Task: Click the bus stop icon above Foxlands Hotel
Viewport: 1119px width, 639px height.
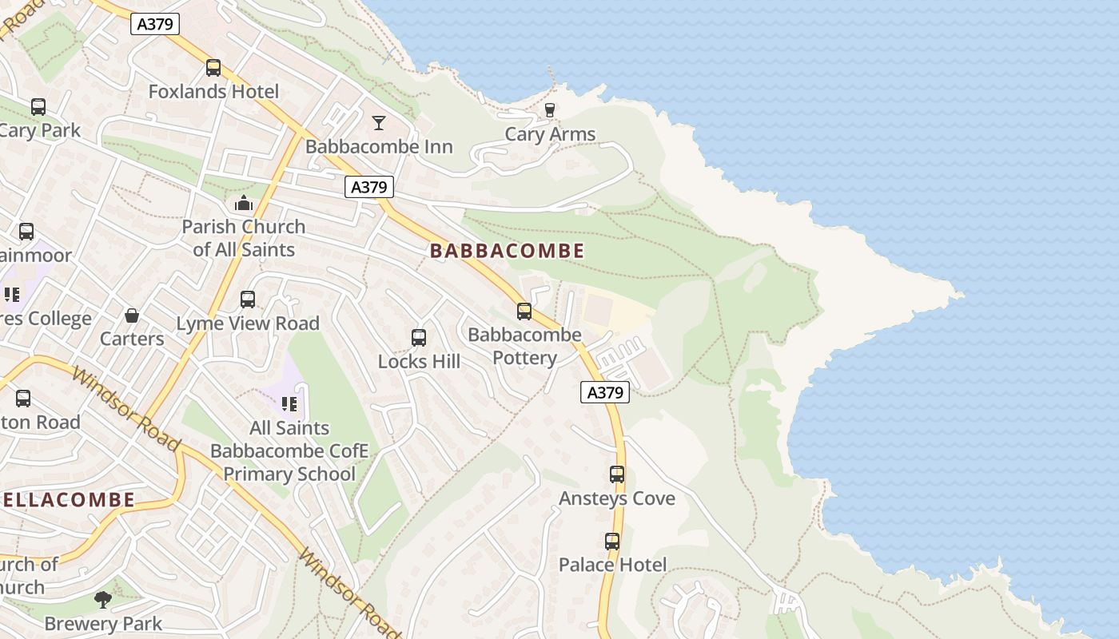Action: [x=213, y=68]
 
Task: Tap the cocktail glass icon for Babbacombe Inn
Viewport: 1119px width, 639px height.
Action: [x=379, y=123]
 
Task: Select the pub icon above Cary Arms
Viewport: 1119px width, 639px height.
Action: [x=550, y=110]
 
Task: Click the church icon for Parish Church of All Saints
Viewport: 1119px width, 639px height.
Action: [x=244, y=204]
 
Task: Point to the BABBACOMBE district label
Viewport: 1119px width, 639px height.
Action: [x=508, y=251]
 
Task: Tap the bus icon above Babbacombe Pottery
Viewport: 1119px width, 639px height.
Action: [x=524, y=312]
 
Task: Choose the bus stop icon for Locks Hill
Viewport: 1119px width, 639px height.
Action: [x=419, y=338]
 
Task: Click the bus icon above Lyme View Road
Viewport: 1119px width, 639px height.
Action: [x=248, y=300]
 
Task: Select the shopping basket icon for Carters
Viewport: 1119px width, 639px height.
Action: [x=132, y=316]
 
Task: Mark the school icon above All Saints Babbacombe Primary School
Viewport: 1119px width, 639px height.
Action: [x=289, y=404]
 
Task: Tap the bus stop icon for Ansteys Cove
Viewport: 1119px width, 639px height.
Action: [x=617, y=474]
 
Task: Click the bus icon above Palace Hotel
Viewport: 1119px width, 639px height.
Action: [x=612, y=542]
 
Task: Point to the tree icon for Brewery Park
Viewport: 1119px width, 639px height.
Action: [x=102, y=600]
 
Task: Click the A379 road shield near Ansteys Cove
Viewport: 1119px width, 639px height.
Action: [x=605, y=392]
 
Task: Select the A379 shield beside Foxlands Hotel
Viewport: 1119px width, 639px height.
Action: [x=155, y=24]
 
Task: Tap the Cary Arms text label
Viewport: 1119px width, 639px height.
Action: [x=550, y=134]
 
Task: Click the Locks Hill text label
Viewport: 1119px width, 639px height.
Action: [x=419, y=362]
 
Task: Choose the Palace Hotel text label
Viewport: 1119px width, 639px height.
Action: [x=612, y=566]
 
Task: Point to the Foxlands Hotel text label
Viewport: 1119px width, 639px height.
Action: [x=213, y=92]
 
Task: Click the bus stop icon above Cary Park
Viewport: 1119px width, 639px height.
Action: [x=38, y=107]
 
